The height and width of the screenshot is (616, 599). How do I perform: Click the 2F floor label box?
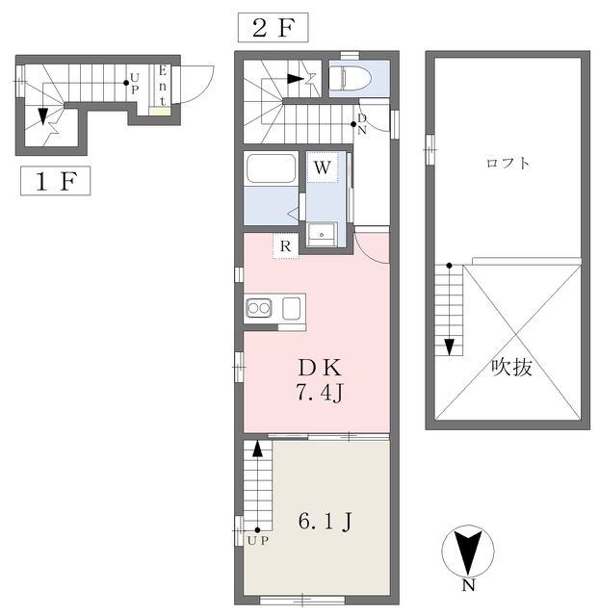click(273, 28)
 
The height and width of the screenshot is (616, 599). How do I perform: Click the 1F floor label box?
click(56, 181)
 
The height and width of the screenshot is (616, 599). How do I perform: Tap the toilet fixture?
click(350, 77)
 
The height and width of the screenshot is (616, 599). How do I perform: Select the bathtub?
click(271, 168)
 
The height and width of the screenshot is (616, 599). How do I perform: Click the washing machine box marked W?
click(323, 167)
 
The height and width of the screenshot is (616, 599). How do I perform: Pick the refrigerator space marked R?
click(286, 246)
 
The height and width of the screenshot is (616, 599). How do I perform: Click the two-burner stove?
click(259, 308)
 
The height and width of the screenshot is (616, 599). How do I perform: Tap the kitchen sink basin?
click(292, 308)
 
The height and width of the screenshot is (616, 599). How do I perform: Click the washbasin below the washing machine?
click(322, 235)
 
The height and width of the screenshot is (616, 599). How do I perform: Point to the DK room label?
click(320, 368)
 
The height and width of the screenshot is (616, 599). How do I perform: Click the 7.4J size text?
click(320, 393)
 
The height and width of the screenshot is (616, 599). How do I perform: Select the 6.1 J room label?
click(326, 522)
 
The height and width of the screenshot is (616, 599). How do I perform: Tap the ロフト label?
click(508, 163)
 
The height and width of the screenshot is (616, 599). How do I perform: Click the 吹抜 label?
click(512, 368)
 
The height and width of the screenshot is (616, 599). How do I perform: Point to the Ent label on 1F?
click(163, 86)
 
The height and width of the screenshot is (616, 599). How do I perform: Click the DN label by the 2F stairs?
click(362, 124)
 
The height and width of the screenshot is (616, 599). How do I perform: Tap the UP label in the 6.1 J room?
click(258, 541)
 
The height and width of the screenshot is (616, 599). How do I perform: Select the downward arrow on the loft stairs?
click(449, 347)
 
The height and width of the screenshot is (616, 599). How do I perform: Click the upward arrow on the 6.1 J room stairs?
click(257, 449)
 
